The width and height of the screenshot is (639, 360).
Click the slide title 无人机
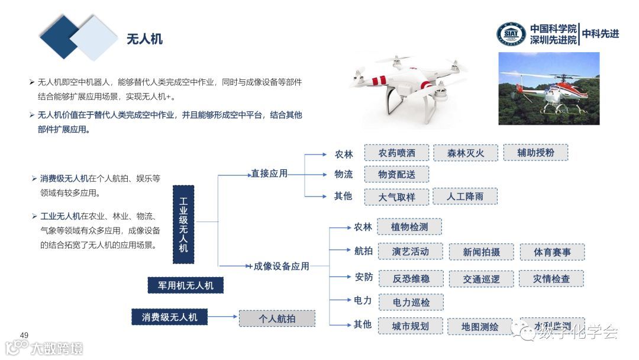(x=144, y=39)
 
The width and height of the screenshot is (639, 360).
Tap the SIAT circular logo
(x=511, y=34)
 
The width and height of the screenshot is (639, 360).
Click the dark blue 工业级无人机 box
(x=183, y=224)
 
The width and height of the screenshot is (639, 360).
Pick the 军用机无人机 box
(x=186, y=285)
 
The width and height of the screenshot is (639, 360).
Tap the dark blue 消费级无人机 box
(x=169, y=317)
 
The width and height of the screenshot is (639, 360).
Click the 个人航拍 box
(x=277, y=319)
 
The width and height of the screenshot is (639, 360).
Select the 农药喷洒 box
(x=396, y=153)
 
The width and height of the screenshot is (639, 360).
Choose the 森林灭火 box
(x=465, y=153)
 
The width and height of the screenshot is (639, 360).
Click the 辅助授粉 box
(x=535, y=152)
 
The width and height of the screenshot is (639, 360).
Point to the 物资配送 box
(x=396, y=175)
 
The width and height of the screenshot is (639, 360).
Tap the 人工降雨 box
(x=465, y=196)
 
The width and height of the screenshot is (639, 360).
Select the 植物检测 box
(x=409, y=227)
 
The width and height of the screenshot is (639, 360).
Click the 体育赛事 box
(x=552, y=252)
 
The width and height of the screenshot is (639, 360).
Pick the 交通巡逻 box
(x=480, y=279)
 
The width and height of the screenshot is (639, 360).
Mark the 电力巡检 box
(x=411, y=303)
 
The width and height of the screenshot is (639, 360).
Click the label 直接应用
(x=269, y=173)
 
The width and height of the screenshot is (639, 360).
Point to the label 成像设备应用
(x=281, y=266)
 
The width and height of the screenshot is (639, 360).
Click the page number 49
(x=24, y=335)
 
